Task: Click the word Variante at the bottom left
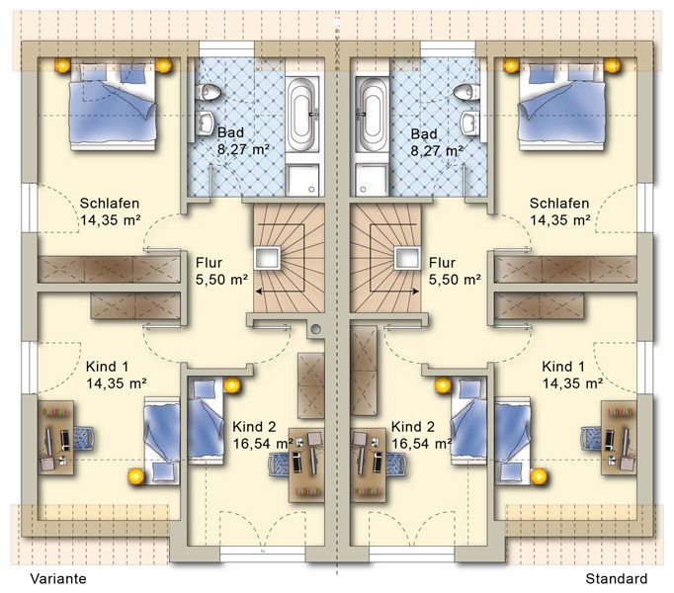[58, 578]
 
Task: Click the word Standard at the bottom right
[616, 578]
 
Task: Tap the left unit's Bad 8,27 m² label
[243, 141]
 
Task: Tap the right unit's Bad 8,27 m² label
[437, 142]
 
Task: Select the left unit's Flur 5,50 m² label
[221, 271]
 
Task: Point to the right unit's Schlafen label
[559, 203]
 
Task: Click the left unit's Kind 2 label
[254, 427]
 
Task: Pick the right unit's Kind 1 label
[563, 367]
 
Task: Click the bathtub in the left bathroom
[304, 115]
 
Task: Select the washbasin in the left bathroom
[206, 123]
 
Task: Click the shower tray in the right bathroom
[373, 179]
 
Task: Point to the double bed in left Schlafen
[113, 106]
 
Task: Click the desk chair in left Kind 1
[84, 438]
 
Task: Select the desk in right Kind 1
[619, 438]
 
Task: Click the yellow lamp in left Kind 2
[232, 385]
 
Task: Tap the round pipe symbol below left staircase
[316, 329]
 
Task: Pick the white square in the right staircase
[406, 258]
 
